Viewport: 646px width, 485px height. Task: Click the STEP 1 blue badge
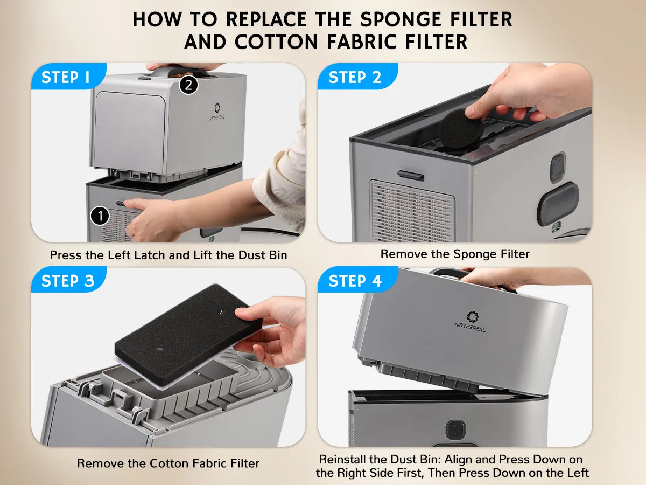pyautogui.click(x=68, y=77)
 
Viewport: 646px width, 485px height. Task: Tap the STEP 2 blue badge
pyautogui.click(x=357, y=77)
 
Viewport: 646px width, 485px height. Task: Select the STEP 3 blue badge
pyautogui.click(x=68, y=280)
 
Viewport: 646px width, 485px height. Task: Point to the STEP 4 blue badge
pyautogui.click(x=357, y=280)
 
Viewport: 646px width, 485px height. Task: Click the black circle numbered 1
pyautogui.click(x=100, y=216)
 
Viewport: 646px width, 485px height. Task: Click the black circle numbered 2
pyautogui.click(x=188, y=85)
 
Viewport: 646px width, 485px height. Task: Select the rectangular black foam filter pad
pyautogui.click(x=188, y=335)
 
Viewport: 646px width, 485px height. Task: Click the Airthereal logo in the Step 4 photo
pyautogui.click(x=471, y=322)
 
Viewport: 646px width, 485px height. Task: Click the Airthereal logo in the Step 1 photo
pyautogui.click(x=217, y=111)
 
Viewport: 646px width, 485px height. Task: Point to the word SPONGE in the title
pyautogui.click(x=401, y=20)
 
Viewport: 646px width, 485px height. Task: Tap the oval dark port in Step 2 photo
pyautogui.click(x=558, y=204)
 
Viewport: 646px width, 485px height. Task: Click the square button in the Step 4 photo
pyautogui.click(x=455, y=429)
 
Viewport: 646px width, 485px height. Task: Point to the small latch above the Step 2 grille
pyautogui.click(x=410, y=175)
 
